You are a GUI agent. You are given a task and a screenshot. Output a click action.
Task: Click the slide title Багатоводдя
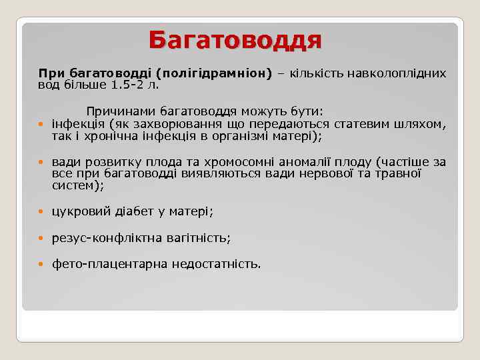point(235,39)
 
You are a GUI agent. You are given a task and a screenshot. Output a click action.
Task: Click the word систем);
point(78,185)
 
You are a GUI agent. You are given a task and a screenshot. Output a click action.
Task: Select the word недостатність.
point(216,264)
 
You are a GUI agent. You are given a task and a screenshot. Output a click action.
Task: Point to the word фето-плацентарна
point(109,264)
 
